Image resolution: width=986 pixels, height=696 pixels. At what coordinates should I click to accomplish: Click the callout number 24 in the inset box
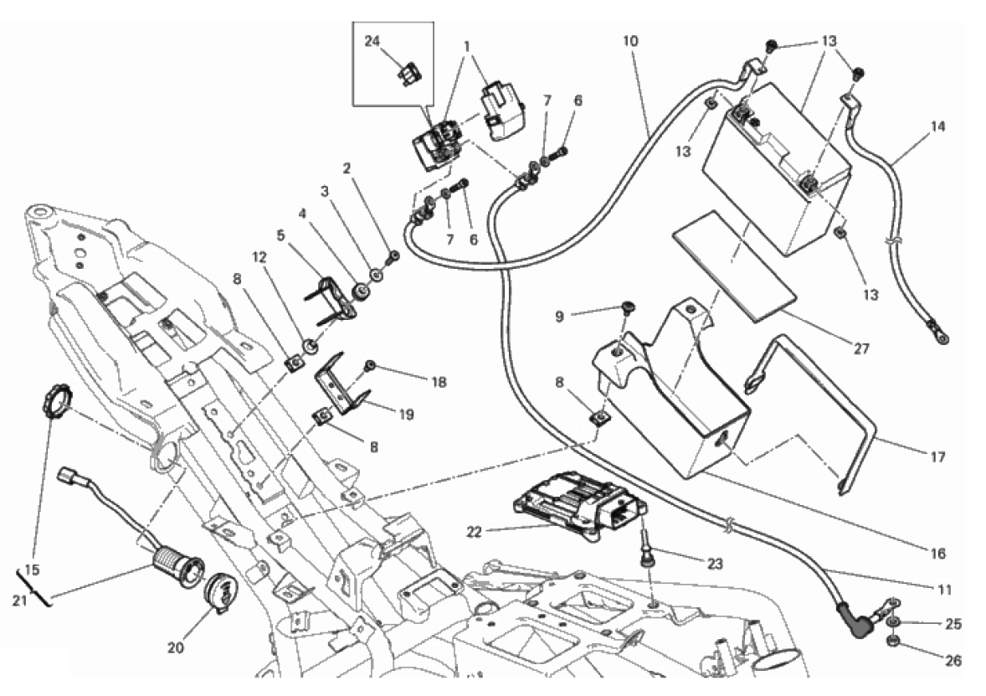pos(372,40)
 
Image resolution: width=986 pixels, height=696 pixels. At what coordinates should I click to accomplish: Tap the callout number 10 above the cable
pos(630,40)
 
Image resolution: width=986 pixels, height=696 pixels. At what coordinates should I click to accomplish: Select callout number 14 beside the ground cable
pos(937,127)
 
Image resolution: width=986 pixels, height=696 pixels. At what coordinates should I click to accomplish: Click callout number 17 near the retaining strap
pos(937,457)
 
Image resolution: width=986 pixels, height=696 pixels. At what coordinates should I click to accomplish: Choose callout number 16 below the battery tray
pos(937,554)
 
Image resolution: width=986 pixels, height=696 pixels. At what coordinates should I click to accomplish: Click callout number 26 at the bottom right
pos(953,661)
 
